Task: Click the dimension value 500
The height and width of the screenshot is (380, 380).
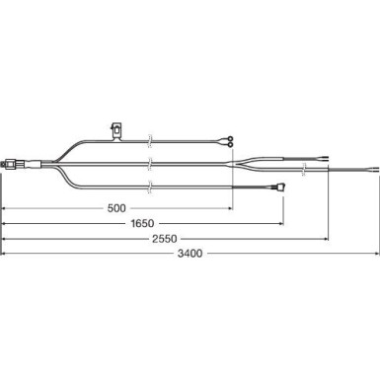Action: coord(116,208)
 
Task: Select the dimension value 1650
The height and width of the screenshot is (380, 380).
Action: coord(143,223)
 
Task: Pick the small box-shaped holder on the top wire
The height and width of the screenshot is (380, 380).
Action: coord(117,129)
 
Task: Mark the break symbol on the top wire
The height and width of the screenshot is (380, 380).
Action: coord(148,140)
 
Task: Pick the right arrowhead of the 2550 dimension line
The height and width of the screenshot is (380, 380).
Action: coord(328,238)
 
